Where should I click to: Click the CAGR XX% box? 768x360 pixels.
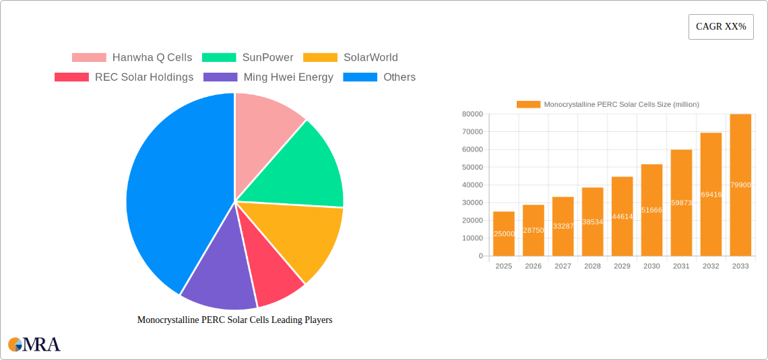tap(721, 27)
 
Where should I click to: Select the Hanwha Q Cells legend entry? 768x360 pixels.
tap(132, 58)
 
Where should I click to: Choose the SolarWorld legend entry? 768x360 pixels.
tap(350, 58)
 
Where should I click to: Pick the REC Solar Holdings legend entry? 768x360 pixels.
tap(124, 77)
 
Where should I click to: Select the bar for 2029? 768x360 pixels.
tap(622, 216)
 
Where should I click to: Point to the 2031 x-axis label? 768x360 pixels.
tap(681, 266)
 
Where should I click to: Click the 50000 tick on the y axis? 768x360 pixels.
tap(472, 168)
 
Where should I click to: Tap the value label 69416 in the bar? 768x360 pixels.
tap(711, 194)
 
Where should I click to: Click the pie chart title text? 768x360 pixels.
tap(234, 320)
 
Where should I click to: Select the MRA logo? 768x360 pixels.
tap(34, 345)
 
